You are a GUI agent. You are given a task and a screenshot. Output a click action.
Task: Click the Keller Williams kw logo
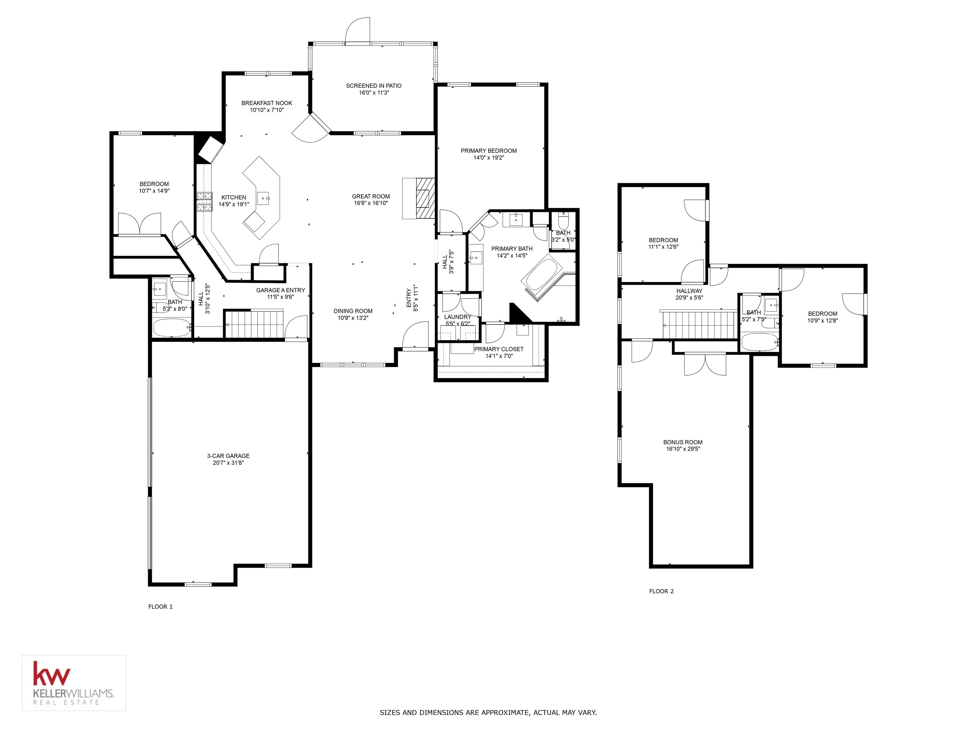click(52, 674)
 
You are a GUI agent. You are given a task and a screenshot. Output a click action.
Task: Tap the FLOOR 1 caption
click(160, 607)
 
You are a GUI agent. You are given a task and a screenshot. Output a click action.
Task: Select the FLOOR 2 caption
click(661, 591)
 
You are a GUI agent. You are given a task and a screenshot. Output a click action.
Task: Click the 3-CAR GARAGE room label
click(228, 456)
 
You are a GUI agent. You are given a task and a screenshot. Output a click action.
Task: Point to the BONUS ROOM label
click(683, 442)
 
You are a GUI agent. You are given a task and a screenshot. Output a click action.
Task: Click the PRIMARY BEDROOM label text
click(488, 151)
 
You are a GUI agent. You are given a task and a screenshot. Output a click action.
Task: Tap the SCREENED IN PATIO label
click(374, 86)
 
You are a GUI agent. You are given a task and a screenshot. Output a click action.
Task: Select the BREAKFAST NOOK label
click(267, 103)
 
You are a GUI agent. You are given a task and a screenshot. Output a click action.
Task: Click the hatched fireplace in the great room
click(425, 199)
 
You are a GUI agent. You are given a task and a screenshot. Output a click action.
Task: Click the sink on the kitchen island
click(263, 199)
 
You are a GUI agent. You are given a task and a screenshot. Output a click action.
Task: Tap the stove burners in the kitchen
click(204, 201)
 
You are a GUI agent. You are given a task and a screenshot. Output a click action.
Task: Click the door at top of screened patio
click(357, 31)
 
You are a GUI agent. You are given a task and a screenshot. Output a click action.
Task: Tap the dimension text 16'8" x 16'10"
click(371, 203)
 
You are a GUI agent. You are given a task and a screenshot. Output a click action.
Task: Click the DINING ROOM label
click(353, 311)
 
